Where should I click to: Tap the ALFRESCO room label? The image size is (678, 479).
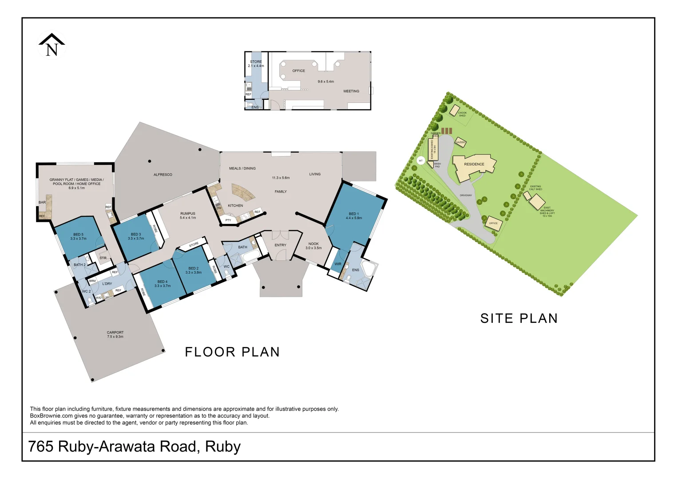pos(163,175)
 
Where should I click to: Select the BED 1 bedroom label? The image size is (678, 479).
pos(353,214)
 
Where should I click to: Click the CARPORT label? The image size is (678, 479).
pos(115,332)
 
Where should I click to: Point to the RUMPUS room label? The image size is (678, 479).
pos(188,214)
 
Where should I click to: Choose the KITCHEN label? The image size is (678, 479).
pos(235,206)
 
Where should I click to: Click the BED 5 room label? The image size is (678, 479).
pos(78,235)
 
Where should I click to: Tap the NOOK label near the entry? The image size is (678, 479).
pos(313,244)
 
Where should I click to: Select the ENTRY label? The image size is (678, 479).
pos(280,245)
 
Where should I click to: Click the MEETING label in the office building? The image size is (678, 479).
pos(351,91)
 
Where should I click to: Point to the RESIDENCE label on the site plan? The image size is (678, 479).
pos(474,165)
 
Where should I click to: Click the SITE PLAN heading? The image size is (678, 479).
pos(519,318)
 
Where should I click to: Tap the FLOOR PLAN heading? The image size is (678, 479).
pos(232,352)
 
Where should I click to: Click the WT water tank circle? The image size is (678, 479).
pos(420,161)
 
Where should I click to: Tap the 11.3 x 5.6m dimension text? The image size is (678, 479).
pos(281,178)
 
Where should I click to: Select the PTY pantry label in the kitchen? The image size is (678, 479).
pos(228,220)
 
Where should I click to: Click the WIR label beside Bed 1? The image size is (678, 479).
pos(338,264)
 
